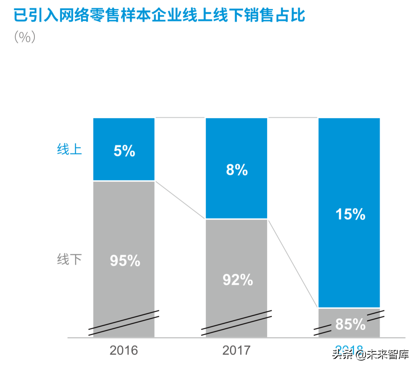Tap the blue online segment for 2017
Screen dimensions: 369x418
pyautogui.click(x=236, y=191)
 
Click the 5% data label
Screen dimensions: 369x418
pyautogui.click(x=124, y=151)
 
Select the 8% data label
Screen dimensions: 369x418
pyautogui.click(x=237, y=170)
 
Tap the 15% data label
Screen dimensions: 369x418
pyautogui.click(x=350, y=214)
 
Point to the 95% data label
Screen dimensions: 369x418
pyautogui.click(x=125, y=261)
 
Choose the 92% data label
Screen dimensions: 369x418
pyautogui.click(x=238, y=280)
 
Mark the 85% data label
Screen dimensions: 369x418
pyautogui.click(x=350, y=325)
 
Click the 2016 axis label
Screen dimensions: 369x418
pyautogui.click(x=124, y=350)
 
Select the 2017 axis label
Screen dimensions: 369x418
pyautogui.click(x=236, y=350)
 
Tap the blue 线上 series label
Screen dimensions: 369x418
pyautogui.click(x=69, y=149)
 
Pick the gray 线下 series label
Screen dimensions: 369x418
pyautogui.click(x=69, y=260)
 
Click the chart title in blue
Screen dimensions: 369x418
pyautogui.click(x=159, y=16)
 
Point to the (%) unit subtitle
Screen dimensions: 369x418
pyautogui.click(x=25, y=37)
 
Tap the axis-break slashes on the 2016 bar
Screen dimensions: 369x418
pyautogui.click(x=124, y=323)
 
